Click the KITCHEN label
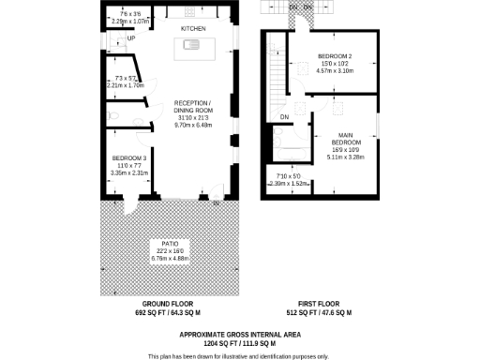click(193, 29)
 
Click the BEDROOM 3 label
click(128, 157)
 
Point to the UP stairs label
click(131, 38)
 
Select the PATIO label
click(170, 243)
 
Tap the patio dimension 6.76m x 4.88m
click(170, 258)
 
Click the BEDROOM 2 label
click(334, 56)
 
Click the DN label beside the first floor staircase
click(284, 116)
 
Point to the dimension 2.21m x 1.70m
click(127, 85)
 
